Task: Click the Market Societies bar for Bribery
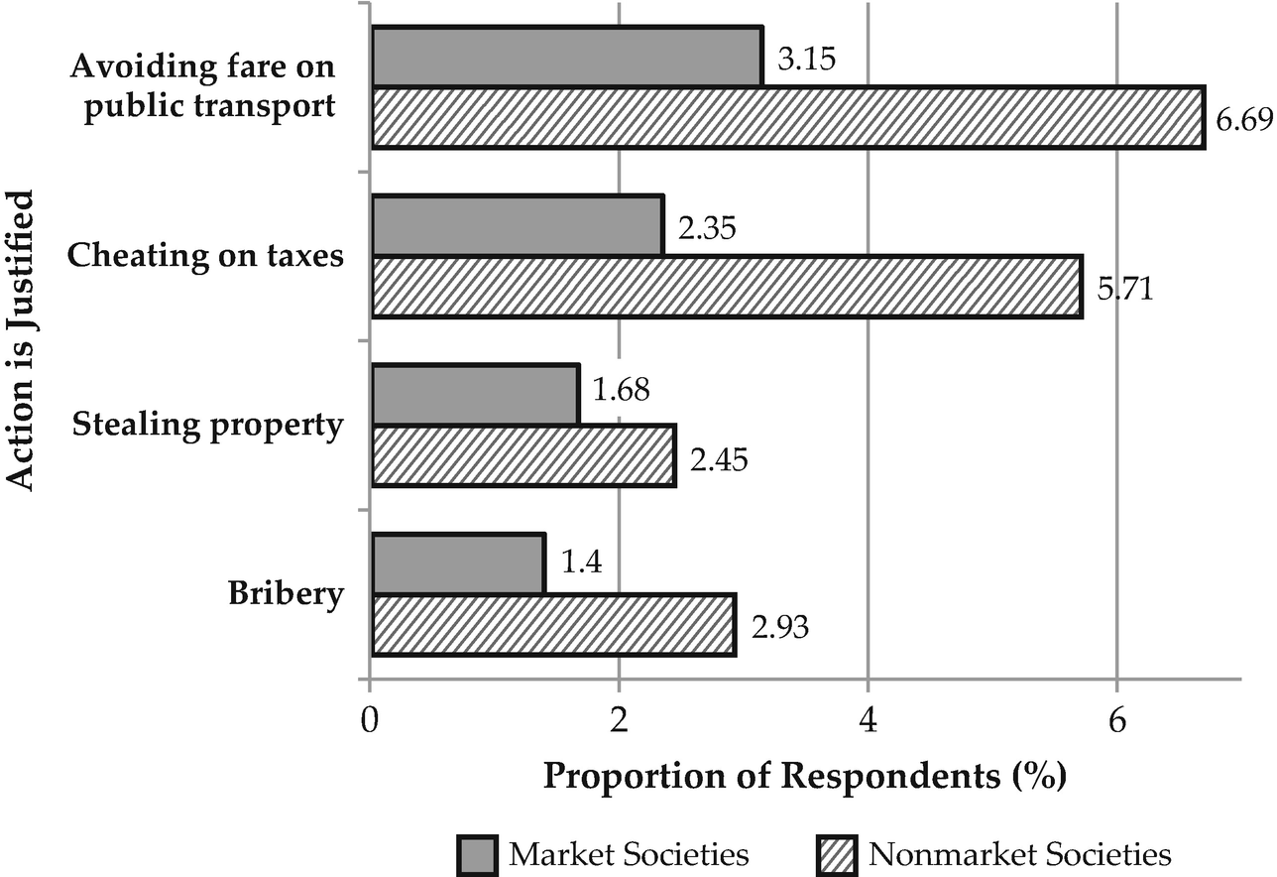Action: [x=457, y=564]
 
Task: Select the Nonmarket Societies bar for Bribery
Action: [x=552, y=625]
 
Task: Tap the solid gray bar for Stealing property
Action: [x=474, y=394]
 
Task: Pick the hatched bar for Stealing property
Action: [x=522, y=456]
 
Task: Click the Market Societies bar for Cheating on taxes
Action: [x=517, y=225]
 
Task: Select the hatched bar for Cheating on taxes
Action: [x=726, y=287]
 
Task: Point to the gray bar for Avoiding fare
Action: [x=566, y=56]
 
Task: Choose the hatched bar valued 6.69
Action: [x=787, y=117]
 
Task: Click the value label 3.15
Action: [x=807, y=59]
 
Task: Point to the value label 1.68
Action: [x=621, y=390]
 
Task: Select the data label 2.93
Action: [x=781, y=629]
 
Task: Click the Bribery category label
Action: [x=286, y=595]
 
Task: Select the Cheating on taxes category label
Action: [x=205, y=256]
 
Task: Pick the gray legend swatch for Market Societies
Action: [x=477, y=854]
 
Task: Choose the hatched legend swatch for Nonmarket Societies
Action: [x=835, y=854]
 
